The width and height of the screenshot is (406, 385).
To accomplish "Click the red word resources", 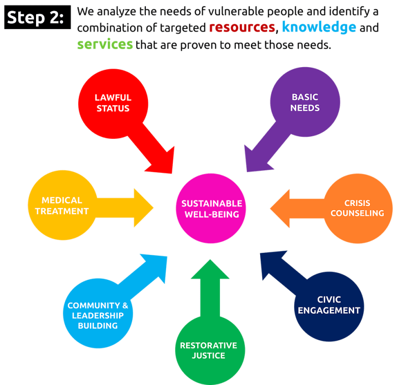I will (x=242, y=27).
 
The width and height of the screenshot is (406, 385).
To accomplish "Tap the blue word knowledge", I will (x=319, y=27).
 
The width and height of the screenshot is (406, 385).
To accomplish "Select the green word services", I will (x=105, y=45).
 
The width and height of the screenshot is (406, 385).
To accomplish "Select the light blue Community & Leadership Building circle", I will (x=98, y=315).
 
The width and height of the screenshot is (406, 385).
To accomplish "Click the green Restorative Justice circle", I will (x=208, y=350).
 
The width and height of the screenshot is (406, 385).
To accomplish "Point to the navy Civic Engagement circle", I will (x=329, y=304).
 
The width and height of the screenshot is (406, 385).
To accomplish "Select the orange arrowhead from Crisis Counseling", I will (x=279, y=208).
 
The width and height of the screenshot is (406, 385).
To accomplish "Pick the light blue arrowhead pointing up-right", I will (x=157, y=264).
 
